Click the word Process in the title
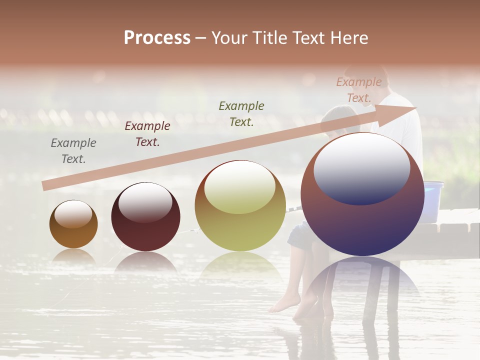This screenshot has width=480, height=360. click(157, 38)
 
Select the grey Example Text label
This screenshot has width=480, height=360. click(73, 151)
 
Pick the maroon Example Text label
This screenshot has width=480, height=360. click(147, 134)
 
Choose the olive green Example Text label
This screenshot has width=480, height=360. click(241, 113)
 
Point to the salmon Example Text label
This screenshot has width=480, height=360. click(359, 90)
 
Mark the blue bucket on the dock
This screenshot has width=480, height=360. click(432, 200)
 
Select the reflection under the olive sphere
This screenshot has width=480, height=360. click(240, 265)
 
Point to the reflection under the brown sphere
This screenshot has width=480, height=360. click(73, 256)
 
